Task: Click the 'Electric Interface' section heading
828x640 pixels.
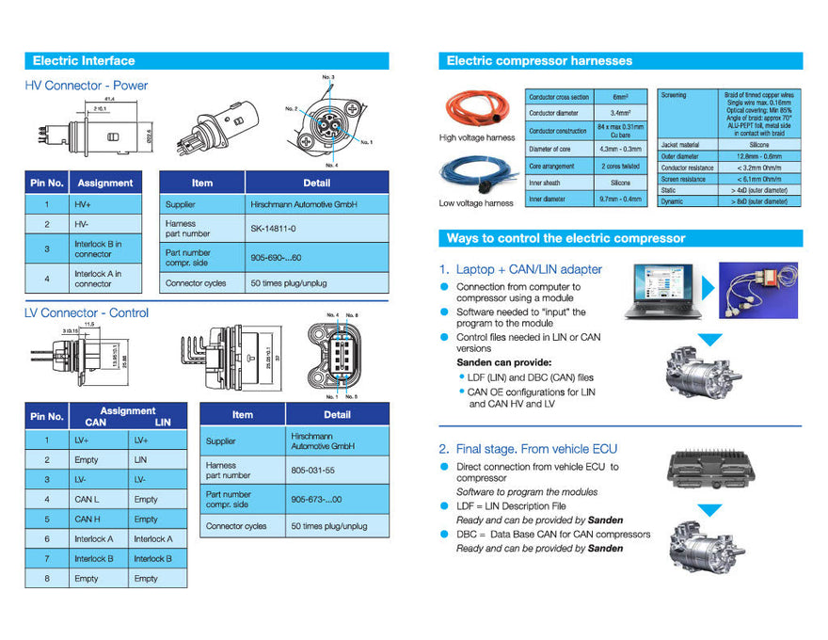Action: [84, 61]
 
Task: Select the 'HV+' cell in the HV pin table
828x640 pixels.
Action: [84, 203]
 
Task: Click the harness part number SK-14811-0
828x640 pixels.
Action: [274, 228]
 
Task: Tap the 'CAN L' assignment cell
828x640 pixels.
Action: [87, 499]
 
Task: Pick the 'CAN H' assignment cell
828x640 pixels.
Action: [87, 519]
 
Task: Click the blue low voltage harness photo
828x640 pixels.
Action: [476, 175]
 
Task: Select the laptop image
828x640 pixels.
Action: [660, 290]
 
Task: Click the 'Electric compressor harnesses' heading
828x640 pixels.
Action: [539, 61]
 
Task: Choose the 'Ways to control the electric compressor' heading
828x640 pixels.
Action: [565, 239]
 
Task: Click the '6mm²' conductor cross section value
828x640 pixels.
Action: [620, 97]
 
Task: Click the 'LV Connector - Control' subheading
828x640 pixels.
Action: [87, 313]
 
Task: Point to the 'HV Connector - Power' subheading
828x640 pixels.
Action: [87, 86]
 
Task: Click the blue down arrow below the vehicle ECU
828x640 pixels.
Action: [709, 510]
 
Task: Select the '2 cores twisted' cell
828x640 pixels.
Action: [620, 165]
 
